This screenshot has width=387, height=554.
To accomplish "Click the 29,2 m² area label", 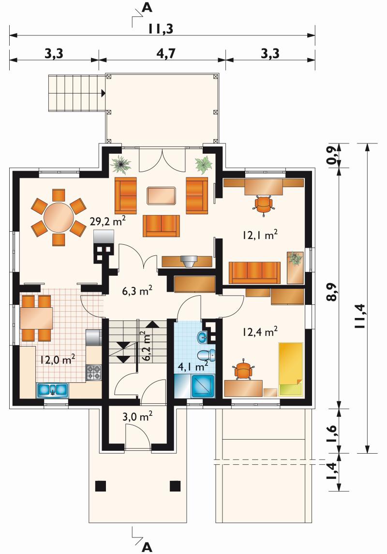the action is [x=108, y=221].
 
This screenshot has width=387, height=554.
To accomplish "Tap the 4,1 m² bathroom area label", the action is [x=193, y=366].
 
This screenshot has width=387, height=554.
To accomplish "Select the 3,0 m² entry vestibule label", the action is [x=137, y=416].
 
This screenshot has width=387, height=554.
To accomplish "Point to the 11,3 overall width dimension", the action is [x=161, y=29].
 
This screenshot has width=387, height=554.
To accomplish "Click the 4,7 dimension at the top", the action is [x=166, y=53].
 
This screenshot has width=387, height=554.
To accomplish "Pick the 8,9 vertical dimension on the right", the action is [x=332, y=292].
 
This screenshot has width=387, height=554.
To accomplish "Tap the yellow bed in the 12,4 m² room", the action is [x=291, y=369].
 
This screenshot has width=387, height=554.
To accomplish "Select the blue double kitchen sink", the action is [x=52, y=390].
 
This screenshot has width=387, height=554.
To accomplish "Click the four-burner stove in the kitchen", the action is [x=94, y=373].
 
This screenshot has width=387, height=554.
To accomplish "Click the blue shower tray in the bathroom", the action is [x=203, y=386].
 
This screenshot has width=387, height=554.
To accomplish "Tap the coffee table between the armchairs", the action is [x=161, y=196].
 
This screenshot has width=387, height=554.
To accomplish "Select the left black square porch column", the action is [x=101, y=486].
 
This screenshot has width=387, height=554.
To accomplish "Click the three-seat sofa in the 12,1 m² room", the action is [x=255, y=273].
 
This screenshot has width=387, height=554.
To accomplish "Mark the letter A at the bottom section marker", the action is [x=147, y=547].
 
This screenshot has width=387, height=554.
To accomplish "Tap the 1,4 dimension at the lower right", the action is [x=332, y=472].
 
